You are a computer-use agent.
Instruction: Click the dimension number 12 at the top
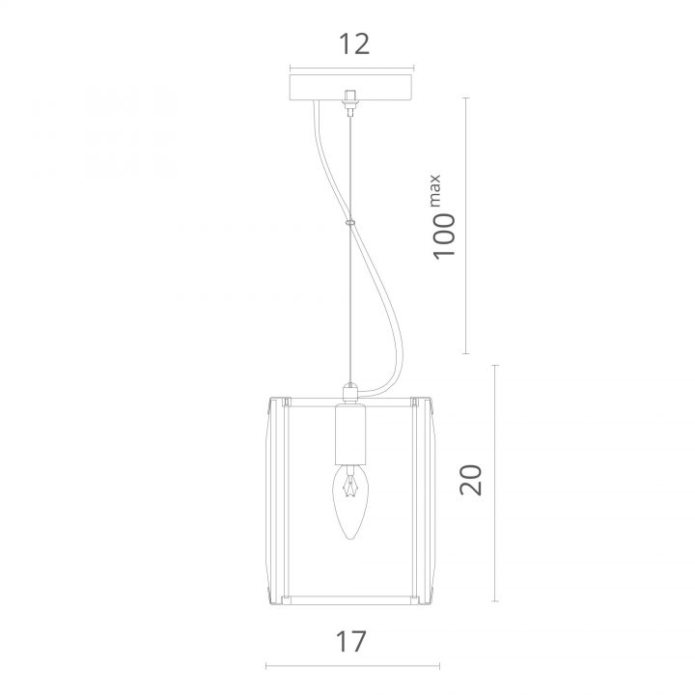(x=353, y=43)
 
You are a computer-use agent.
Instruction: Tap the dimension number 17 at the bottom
(x=351, y=641)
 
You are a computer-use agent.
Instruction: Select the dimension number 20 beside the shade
(x=470, y=480)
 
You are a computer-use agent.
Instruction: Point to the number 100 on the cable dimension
(x=444, y=236)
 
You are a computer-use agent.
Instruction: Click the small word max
(x=434, y=190)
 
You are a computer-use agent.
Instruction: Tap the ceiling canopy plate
(x=351, y=87)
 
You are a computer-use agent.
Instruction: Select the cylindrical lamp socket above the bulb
(x=350, y=434)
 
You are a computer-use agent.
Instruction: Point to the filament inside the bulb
(x=350, y=486)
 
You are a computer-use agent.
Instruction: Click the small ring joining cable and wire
(x=350, y=222)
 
